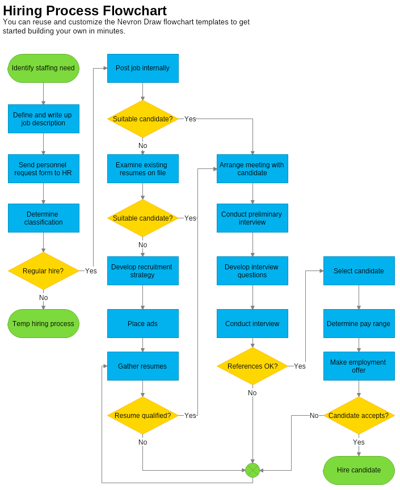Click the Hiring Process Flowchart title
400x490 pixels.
pos(85,10)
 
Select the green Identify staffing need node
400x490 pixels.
pos(43,68)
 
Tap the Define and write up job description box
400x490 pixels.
pos(43,119)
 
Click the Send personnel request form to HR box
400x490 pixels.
pos(43,168)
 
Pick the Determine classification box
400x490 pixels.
pos(43,218)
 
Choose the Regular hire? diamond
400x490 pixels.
pos(43,271)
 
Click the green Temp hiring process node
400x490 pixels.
pos(43,323)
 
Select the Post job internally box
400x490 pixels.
pos(142,68)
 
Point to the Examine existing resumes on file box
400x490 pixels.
pos(142,168)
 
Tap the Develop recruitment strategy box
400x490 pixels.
pos(142,271)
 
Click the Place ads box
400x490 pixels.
pos(142,323)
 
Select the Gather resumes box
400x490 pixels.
pos(142,366)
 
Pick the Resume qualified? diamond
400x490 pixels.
pos(142,415)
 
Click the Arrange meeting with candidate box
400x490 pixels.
pos(252,168)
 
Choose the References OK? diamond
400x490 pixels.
pos(252,366)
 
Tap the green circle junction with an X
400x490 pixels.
pos(252,470)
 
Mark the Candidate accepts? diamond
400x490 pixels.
pos(359,415)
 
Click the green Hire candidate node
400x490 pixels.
pos(359,470)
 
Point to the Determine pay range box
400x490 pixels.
pos(359,323)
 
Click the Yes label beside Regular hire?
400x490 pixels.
pos(91,271)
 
